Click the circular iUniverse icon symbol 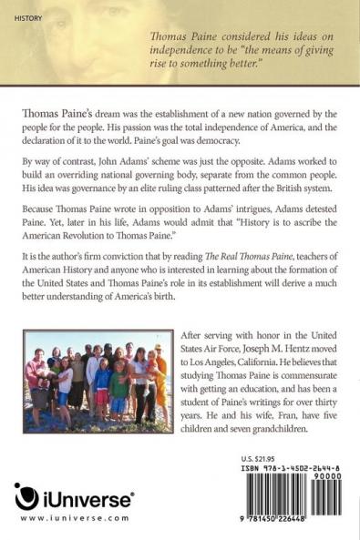click(x=26, y=498)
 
